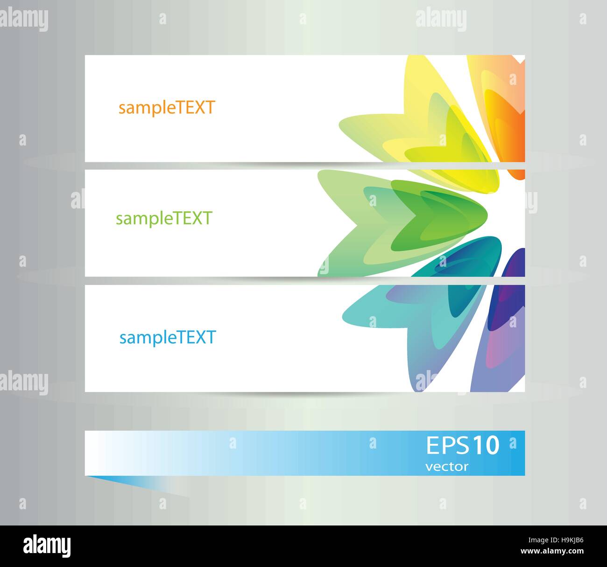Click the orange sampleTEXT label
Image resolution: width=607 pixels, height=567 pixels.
pyautogui.click(x=166, y=108)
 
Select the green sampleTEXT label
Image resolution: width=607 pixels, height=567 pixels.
pyautogui.click(x=164, y=218)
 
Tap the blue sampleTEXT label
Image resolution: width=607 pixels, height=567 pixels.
pyautogui.click(x=167, y=337)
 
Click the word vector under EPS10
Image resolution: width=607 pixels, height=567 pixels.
pyautogui.click(x=447, y=466)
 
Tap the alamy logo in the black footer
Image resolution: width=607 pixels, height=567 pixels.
pyautogui.click(x=47, y=545)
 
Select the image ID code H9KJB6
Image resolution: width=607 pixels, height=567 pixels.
pyautogui.click(x=564, y=540)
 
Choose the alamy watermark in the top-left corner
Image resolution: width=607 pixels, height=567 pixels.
pyautogui.click(x=24, y=19)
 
